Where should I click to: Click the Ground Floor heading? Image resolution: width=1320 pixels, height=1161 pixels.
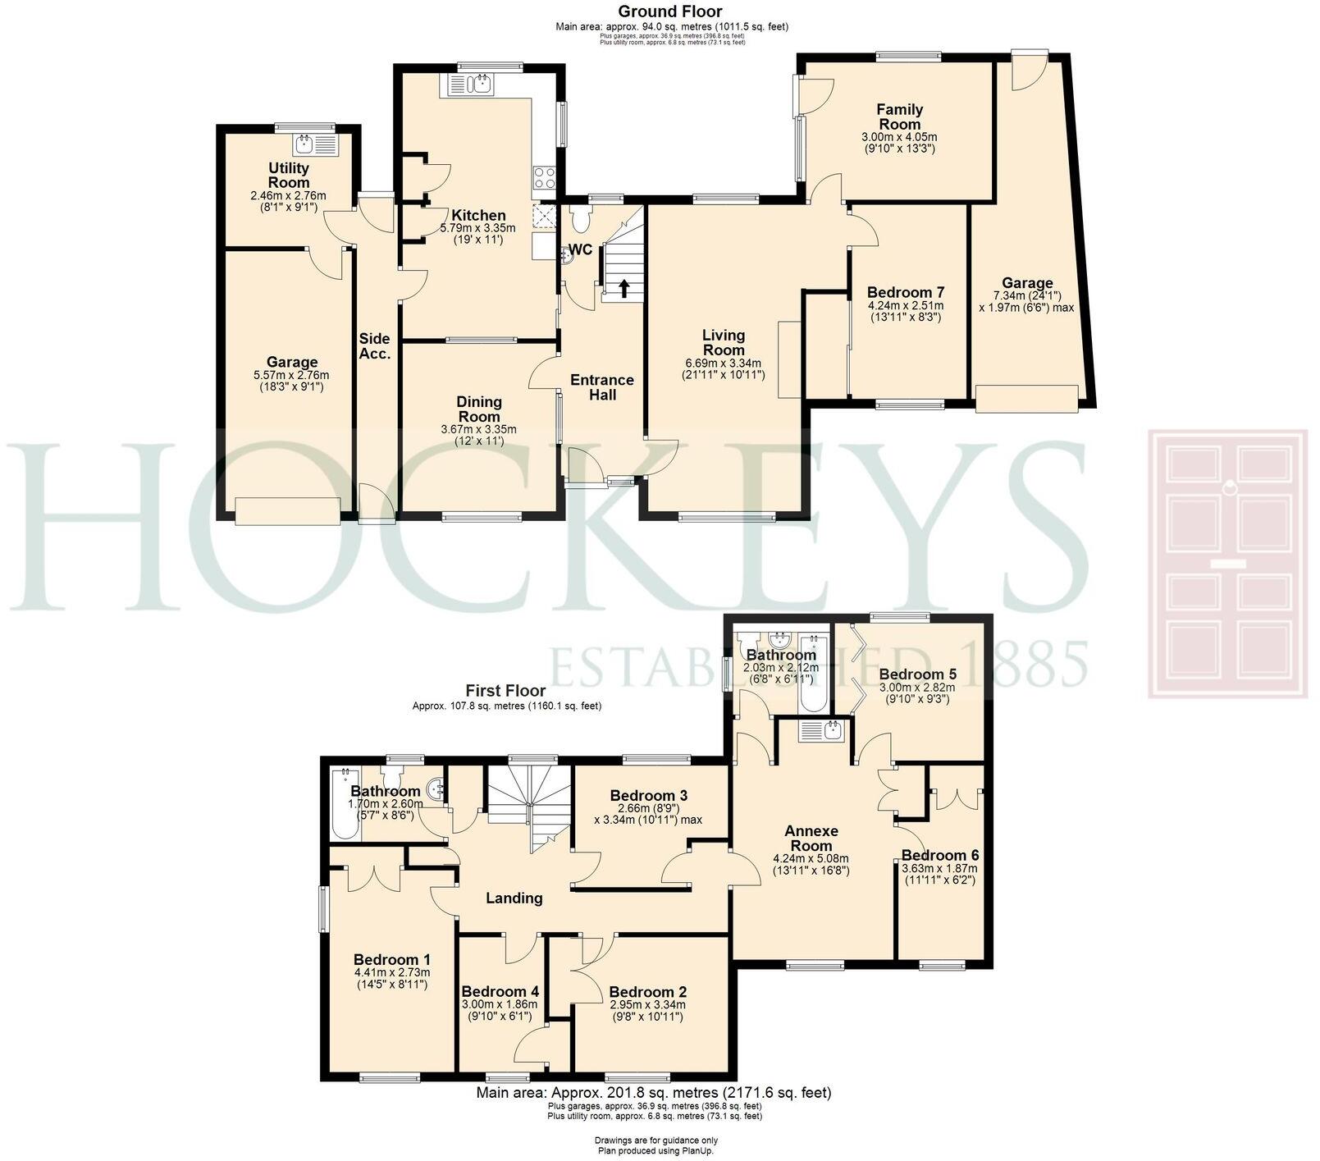pyautogui.click(x=669, y=11)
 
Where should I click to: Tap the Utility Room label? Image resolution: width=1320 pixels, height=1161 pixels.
pyautogui.click(x=289, y=175)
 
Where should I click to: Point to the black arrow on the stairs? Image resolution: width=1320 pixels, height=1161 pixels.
pyautogui.click(x=623, y=288)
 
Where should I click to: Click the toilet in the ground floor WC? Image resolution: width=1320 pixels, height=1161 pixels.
pyautogui.click(x=581, y=220)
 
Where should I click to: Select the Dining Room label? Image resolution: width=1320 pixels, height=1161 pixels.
pyautogui.click(x=479, y=409)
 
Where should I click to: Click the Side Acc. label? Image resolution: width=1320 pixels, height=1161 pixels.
pyautogui.click(x=374, y=345)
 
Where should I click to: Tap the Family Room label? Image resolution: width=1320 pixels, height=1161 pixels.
pyautogui.click(x=899, y=117)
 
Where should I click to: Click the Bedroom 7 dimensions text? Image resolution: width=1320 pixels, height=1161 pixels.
pyautogui.click(x=905, y=310)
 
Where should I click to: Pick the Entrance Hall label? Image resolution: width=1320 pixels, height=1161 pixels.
pyautogui.click(x=602, y=386)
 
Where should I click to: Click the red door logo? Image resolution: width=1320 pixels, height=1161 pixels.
pyautogui.click(x=1227, y=563)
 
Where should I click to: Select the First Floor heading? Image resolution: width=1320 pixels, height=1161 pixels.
pyautogui.click(x=506, y=690)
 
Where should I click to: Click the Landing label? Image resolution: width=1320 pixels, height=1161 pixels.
pyautogui.click(x=514, y=898)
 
